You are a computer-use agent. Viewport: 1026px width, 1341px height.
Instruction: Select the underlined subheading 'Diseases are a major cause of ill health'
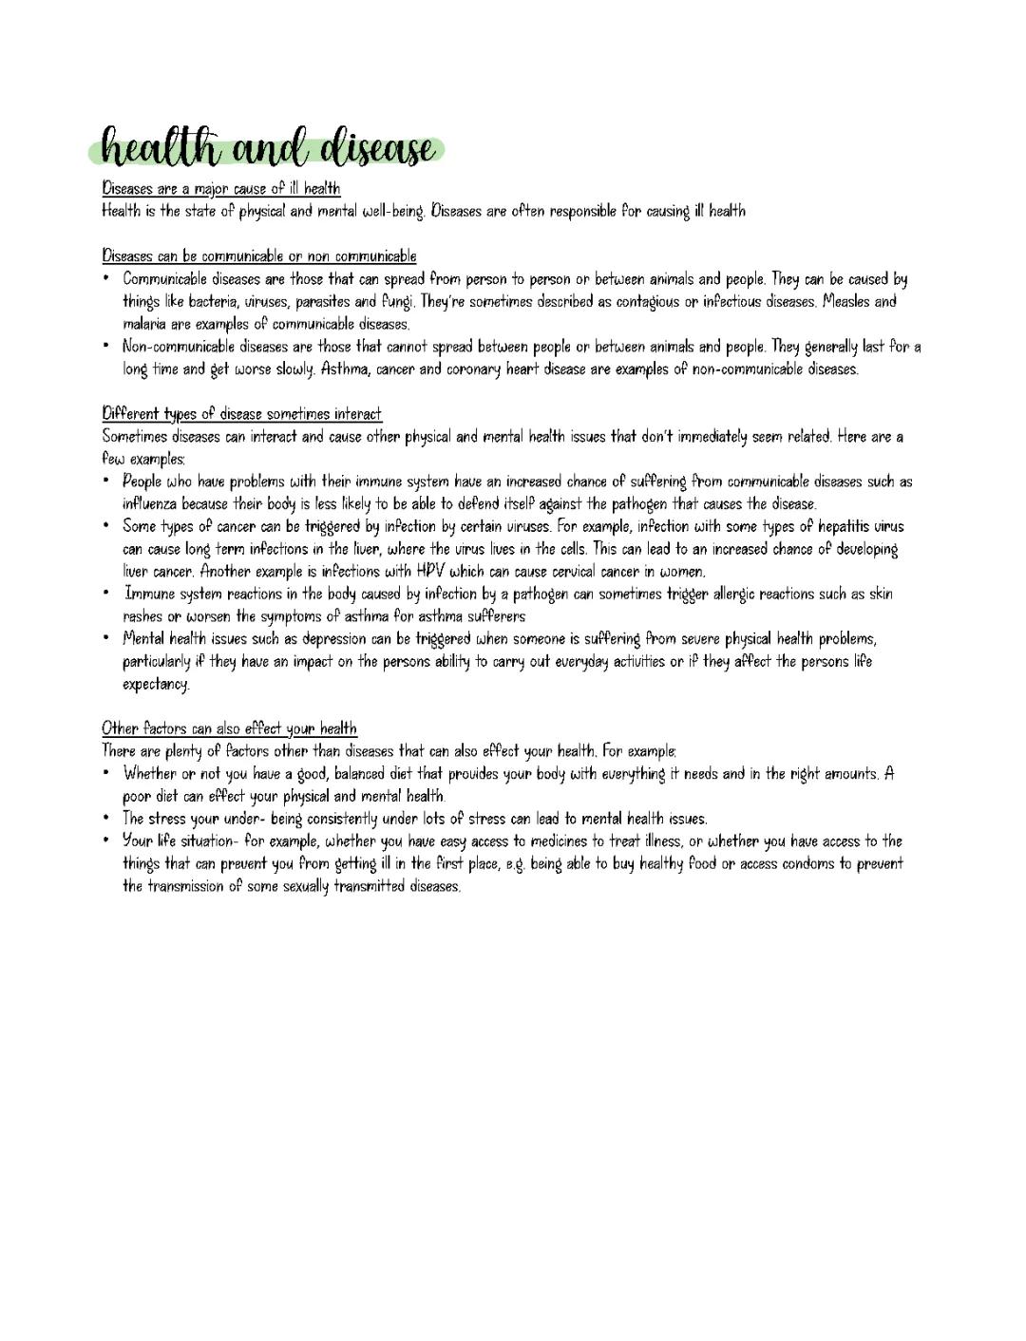[220, 188]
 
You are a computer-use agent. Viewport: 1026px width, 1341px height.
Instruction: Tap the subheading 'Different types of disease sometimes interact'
[241, 414]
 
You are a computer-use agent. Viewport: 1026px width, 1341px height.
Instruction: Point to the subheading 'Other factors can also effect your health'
[229, 728]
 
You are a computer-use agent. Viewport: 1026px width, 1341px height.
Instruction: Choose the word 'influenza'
[149, 504]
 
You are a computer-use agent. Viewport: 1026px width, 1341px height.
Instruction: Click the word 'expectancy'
[156, 684]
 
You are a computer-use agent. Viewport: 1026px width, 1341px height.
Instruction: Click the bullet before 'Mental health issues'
[107, 638]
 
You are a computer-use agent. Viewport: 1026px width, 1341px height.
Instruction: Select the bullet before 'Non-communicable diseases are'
[107, 346]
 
